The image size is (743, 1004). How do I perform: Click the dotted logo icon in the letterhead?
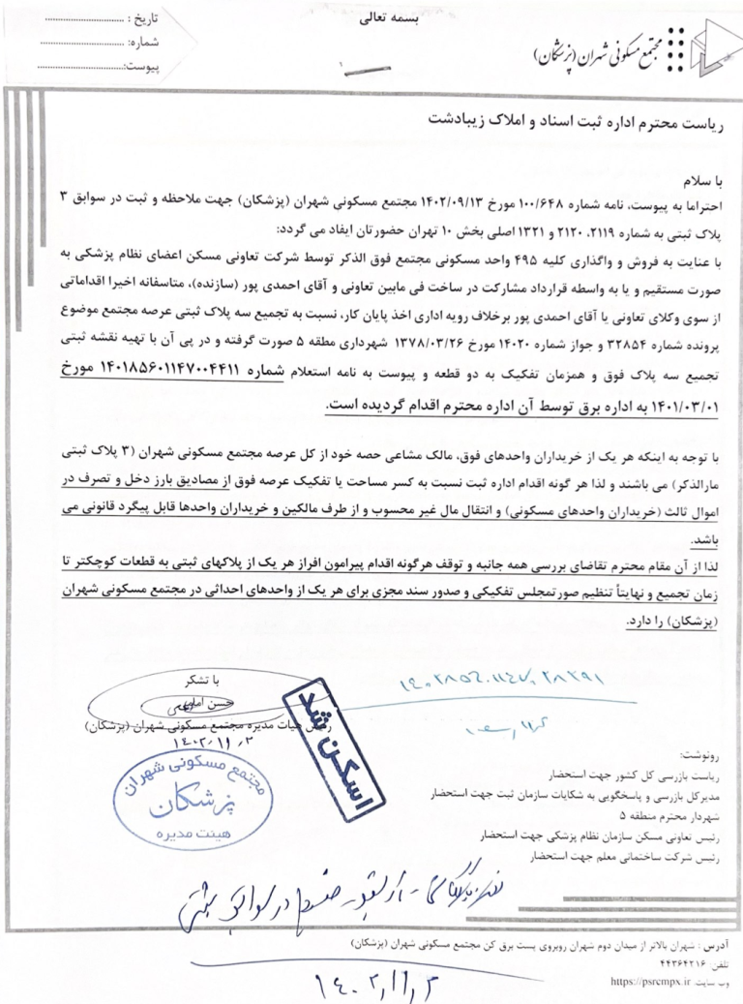coord(694,48)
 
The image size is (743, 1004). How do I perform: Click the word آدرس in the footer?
coord(722,940)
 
